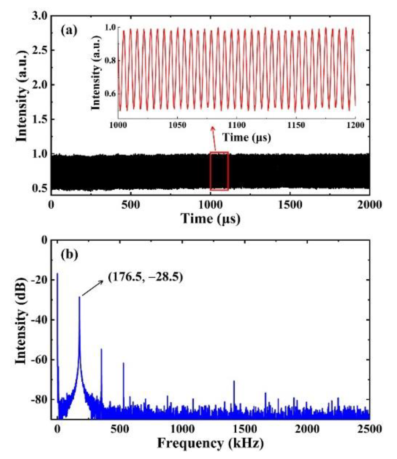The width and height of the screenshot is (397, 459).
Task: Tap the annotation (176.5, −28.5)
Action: click(x=145, y=277)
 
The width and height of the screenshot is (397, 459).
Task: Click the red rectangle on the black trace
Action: click(x=219, y=171)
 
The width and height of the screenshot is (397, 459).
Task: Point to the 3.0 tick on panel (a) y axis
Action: click(x=39, y=16)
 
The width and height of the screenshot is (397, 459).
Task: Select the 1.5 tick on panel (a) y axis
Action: click(x=39, y=120)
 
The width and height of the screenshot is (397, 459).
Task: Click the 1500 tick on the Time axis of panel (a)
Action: click(x=290, y=205)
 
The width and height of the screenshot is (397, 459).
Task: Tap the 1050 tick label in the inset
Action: click(x=177, y=125)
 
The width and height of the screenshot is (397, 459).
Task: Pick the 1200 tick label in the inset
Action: click(x=355, y=125)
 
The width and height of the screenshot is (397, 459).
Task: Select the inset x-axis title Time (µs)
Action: click(x=247, y=137)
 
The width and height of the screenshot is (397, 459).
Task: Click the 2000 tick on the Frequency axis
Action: click(x=307, y=429)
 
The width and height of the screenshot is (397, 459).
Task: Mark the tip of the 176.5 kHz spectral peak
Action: click(x=79, y=297)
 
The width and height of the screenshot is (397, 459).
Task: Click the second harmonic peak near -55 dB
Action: click(x=101, y=349)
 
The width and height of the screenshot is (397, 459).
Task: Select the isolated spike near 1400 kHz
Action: click(x=234, y=381)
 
